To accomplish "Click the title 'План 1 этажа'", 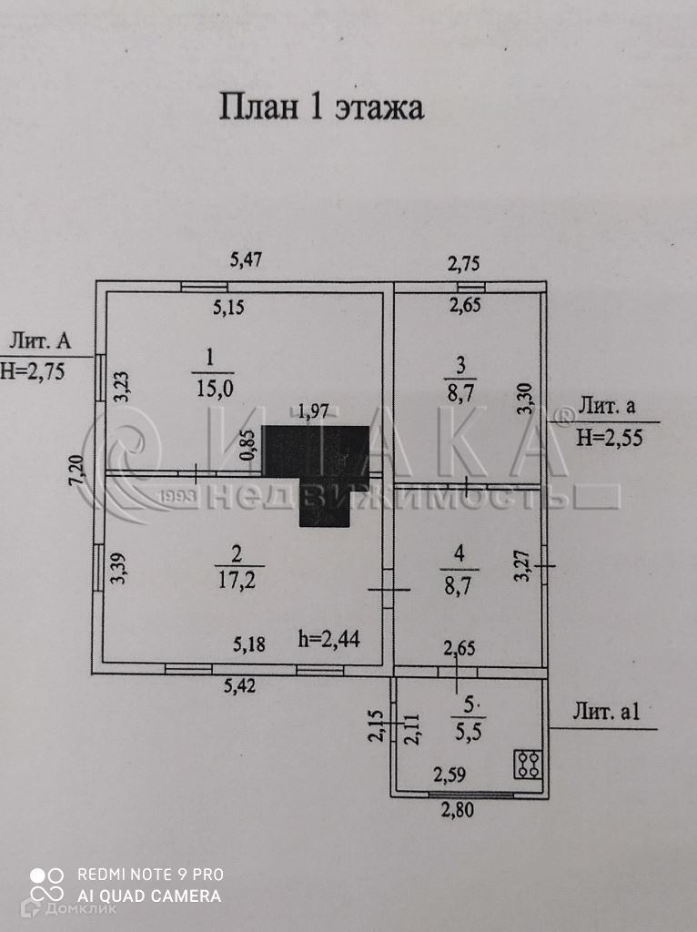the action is pos(320,106).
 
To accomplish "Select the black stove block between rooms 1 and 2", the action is pos(317,469).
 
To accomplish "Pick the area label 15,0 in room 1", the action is pos(215,388).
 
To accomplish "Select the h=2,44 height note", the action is pos(328,639).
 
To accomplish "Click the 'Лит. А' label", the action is pos(40,341).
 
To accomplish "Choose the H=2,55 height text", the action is pos(611,438).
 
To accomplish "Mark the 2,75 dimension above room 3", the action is pos(463,264).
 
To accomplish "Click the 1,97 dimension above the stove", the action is pos(313,411).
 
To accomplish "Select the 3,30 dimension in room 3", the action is pos(525,399).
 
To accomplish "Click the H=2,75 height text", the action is pos(33,370).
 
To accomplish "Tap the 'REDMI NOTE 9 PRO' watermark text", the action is pos(150,875).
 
